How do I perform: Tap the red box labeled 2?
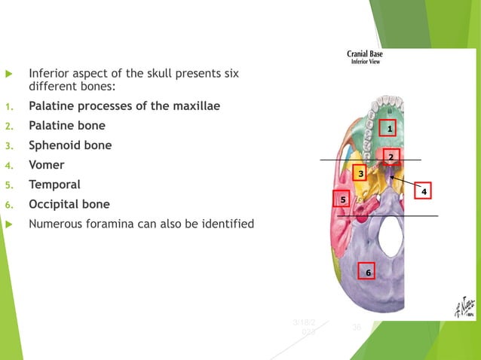391,157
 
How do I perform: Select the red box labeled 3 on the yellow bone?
361,174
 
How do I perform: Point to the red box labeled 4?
424,191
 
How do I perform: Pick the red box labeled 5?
342,200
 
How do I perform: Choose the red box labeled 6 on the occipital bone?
368,271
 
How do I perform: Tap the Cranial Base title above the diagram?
368,54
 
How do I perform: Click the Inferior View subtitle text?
368,63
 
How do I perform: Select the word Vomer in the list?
47,164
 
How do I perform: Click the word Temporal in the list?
54,184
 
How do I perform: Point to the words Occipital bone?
69,203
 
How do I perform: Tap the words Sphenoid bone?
70,145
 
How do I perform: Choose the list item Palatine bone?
67,125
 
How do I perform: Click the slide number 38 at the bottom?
358,328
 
